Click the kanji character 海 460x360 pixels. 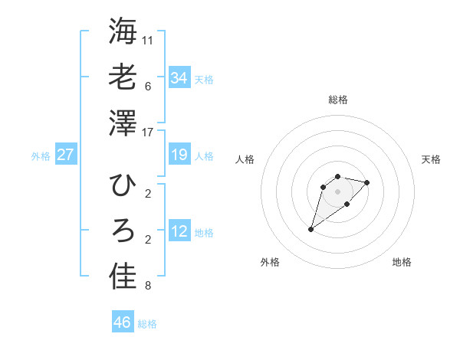coord(123,31)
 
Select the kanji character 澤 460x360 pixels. coord(123,123)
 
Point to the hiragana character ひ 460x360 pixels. coord(123,185)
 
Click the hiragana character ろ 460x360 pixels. coord(123,231)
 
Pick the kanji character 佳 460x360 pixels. coord(123,277)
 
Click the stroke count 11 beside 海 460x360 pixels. coord(148,40)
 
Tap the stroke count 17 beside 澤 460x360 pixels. coord(148,133)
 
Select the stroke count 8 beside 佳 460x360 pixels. coord(147,286)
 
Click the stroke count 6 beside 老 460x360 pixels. coord(147,87)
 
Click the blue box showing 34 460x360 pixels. coord(179,78)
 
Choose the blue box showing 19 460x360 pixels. coord(179,155)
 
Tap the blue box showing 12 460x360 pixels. coord(179,232)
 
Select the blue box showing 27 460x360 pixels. coord(65,155)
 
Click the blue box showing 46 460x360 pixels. coord(122,322)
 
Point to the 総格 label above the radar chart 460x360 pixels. coord(337,100)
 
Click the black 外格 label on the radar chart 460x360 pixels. coord(269,262)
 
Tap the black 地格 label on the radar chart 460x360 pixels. coord(402,262)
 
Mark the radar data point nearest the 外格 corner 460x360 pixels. coord(310,229)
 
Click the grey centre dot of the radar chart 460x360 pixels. coord(337,191)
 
